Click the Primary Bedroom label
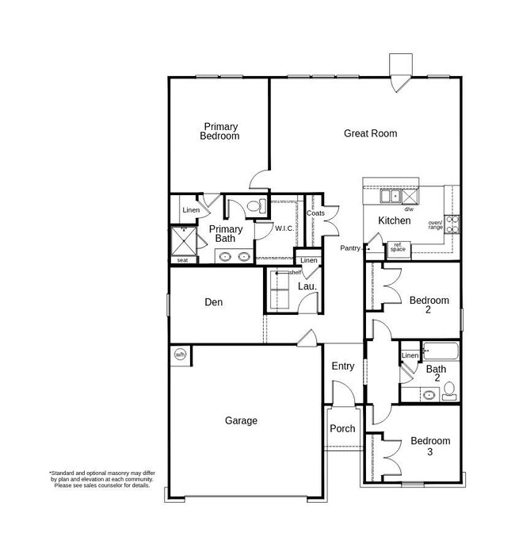(x=220, y=131)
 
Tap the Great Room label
(x=370, y=133)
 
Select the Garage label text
(x=241, y=420)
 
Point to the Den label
(x=214, y=302)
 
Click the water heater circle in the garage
(x=180, y=355)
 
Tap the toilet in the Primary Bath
(x=255, y=207)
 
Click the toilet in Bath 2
(x=449, y=389)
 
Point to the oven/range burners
(x=453, y=223)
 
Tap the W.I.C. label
(x=284, y=229)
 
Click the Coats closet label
(x=316, y=213)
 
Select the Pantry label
(x=351, y=248)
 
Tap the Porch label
(x=342, y=428)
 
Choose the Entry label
(x=342, y=366)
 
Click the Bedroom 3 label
(x=429, y=446)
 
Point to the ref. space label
(x=398, y=247)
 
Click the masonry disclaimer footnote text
(x=101, y=479)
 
